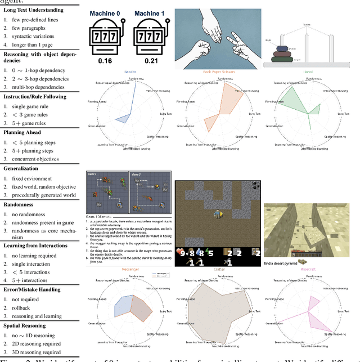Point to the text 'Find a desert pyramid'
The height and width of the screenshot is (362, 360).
pos(282,262)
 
